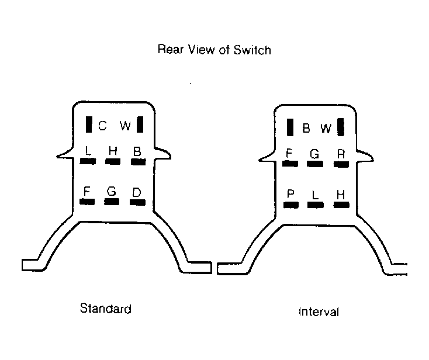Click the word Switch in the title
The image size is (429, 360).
pos(252,50)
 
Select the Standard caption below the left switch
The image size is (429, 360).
pos(106,309)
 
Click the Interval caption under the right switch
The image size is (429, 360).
pos(319,311)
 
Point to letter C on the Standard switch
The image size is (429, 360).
pos(102,126)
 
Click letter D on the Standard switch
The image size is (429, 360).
pos(137,192)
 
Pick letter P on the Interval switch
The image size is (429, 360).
pos(290,194)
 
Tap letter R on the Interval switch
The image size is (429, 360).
pos(341,154)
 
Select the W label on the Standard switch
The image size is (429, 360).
pos(125,126)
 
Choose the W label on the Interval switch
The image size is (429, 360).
pos(326,128)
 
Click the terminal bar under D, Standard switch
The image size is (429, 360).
pos(137,202)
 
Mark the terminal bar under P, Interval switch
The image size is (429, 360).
pos(291,205)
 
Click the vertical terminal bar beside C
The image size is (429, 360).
pos(89,124)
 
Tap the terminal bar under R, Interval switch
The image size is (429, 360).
pos(341,164)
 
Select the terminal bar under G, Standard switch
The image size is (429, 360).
pos(112,202)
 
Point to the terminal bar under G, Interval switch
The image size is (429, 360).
pos(315,164)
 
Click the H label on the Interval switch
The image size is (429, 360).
pos(341,195)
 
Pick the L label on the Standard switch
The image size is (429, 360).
pos(88,151)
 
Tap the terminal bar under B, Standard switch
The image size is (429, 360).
pos(138,162)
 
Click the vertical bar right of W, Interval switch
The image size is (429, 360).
pos(341,127)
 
